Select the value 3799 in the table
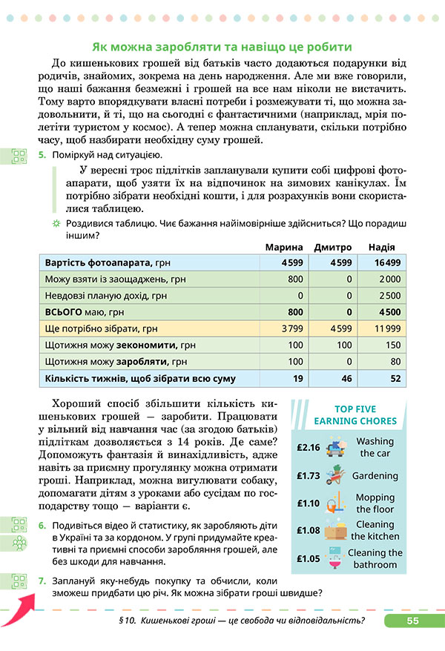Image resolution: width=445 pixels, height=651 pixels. [292, 328]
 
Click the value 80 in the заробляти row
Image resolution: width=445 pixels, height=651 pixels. [394, 362]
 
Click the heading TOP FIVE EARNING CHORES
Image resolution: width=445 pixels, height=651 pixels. [355, 415]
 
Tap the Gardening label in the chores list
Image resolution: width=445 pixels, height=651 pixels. [375, 476]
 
